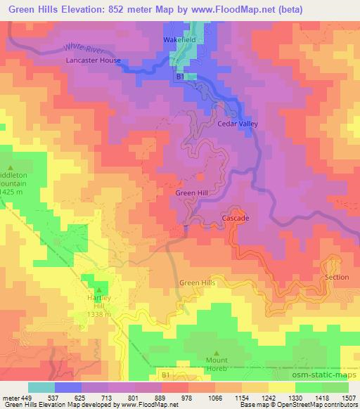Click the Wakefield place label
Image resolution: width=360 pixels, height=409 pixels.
pos(181,40)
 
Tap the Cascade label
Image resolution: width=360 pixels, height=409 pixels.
pos(236,219)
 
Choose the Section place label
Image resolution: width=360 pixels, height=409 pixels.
pos(337,277)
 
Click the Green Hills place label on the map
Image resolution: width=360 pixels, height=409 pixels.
pos(198,283)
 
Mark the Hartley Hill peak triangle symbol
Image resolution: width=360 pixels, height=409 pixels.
pos(98,289)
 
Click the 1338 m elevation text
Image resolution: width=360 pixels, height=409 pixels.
pos(98,314)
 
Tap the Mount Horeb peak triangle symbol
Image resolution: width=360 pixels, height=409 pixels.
pos(217,353)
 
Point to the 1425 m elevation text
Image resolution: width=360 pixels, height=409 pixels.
pos(13,192)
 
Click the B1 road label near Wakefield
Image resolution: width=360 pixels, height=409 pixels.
pos(180,75)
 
